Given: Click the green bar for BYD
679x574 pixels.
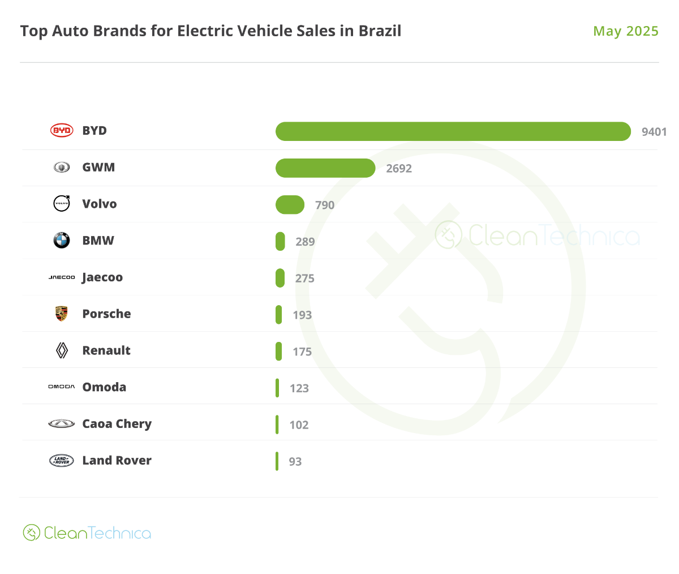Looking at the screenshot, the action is pyautogui.click(x=453, y=131).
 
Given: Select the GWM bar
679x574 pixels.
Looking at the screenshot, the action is pyautogui.click(x=325, y=168).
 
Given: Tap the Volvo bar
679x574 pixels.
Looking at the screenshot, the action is pyautogui.click(x=290, y=205).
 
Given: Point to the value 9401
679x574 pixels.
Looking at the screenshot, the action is pyautogui.click(x=654, y=132).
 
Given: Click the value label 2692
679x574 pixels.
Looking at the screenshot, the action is pyautogui.click(x=399, y=168).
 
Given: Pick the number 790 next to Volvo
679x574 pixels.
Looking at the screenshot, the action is pyautogui.click(x=325, y=205).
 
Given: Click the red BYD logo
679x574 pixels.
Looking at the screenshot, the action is pyautogui.click(x=62, y=131).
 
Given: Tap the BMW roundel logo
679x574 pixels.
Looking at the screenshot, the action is pyautogui.click(x=62, y=240).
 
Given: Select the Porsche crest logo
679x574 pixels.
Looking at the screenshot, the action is pyautogui.click(x=62, y=314).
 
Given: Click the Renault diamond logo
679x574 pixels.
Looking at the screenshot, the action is pyautogui.click(x=62, y=350).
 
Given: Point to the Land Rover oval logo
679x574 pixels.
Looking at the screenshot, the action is pyautogui.click(x=62, y=460).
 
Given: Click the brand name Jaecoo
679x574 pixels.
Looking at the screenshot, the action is pyautogui.click(x=102, y=277).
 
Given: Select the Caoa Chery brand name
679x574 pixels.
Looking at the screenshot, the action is pyautogui.click(x=117, y=423).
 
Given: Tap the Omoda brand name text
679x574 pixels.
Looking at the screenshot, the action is pyautogui.click(x=104, y=387).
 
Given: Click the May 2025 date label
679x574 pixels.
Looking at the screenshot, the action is pyautogui.click(x=626, y=31).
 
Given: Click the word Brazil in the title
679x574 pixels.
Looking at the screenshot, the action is pyautogui.click(x=380, y=31).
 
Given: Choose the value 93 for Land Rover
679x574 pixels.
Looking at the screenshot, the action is pyautogui.click(x=295, y=461).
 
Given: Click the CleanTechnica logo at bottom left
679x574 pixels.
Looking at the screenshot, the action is pyautogui.click(x=87, y=533).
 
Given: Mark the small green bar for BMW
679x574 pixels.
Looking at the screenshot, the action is pyautogui.click(x=280, y=241).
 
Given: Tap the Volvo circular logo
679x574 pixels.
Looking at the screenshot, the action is pyautogui.click(x=62, y=203).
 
